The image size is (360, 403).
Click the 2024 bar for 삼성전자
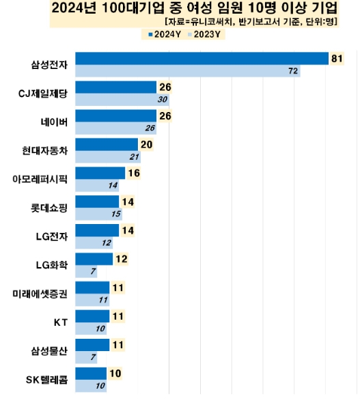click(202, 59)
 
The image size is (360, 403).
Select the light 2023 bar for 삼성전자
click(188, 70)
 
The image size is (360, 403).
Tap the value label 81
click(336, 59)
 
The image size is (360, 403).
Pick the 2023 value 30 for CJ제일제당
click(162, 99)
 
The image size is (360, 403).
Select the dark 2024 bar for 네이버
click(115, 115)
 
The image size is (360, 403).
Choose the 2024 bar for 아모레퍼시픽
click(100, 173)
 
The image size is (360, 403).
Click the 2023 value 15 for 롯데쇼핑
click(115, 213)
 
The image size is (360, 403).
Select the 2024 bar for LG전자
click(97, 230)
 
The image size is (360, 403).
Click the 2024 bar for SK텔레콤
click(91, 373)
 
